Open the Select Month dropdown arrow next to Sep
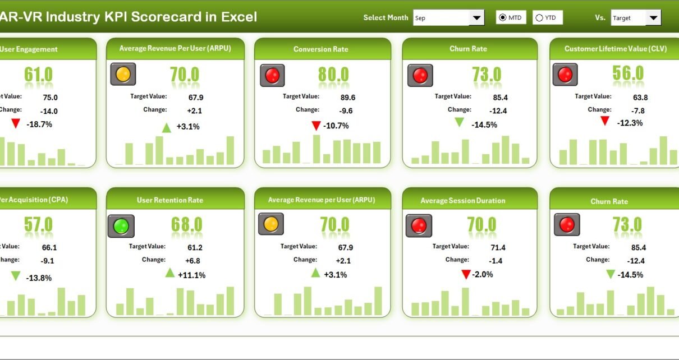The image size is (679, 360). [477, 18]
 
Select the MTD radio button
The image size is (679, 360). [503, 18]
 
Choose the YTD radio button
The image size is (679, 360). [539, 18]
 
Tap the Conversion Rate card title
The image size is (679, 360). [320, 49]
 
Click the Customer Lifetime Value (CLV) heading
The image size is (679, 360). [616, 49]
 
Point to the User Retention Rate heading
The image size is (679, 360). [170, 200]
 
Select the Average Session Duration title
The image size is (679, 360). [462, 201]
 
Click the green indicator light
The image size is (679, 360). [121, 226]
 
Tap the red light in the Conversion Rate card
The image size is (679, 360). [272, 75]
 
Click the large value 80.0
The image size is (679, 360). [333, 75]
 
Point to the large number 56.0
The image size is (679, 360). [627, 73]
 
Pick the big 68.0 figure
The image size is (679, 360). [187, 225]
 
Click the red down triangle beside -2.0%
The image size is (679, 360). [465, 274]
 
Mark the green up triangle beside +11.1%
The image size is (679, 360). [169, 273]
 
